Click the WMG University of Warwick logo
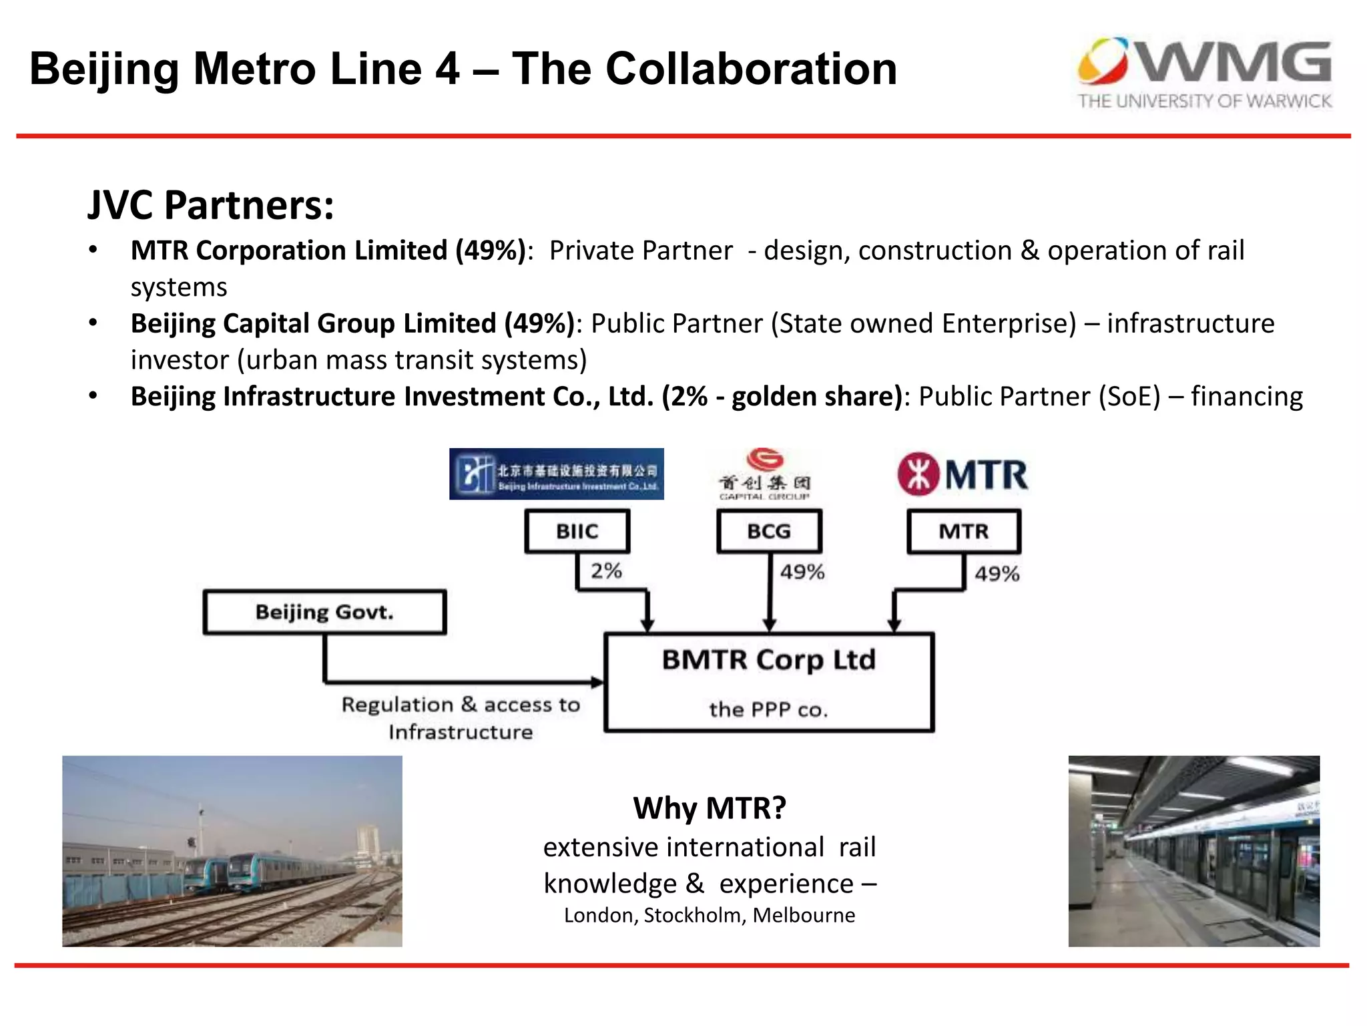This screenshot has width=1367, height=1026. [1204, 73]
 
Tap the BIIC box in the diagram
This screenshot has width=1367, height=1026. [577, 532]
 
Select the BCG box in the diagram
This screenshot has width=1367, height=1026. [769, 532]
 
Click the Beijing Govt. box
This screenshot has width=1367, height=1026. [324, 612]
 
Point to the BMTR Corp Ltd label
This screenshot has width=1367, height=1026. [768, 660]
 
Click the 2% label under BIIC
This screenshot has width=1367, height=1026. [606, 571]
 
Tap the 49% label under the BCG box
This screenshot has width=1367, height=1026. [802, 572]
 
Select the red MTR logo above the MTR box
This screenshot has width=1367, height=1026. [963, 475]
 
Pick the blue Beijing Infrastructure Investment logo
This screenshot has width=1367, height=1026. [556, 474]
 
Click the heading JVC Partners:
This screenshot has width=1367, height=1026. [211, 205]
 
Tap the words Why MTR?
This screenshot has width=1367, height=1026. [710, 808]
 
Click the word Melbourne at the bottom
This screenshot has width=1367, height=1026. [804, 915]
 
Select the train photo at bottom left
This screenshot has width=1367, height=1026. [232, 851]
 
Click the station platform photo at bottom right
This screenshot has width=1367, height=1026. [1193, 851]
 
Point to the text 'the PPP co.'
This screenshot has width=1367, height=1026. [768, 709]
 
